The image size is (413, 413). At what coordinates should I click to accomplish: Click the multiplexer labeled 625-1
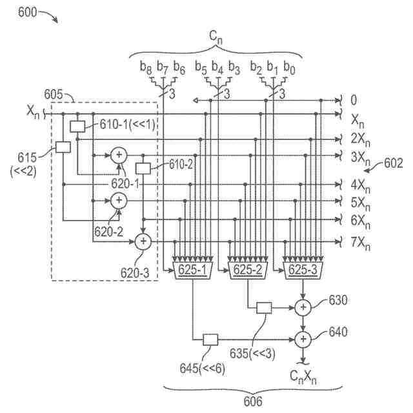(x=193, y=270)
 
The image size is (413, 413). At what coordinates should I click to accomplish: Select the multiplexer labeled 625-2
(x=248, y=270)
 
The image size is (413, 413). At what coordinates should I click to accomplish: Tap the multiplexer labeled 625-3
(x=303, y=270)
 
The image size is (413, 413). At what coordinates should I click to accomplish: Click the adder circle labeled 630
(x=303, y=308)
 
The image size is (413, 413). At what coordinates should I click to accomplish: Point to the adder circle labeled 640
(x=303, y=339)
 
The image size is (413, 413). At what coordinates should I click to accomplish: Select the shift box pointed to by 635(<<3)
(x=264, y=308)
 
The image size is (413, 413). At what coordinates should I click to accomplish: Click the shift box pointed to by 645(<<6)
(x=210, y=340)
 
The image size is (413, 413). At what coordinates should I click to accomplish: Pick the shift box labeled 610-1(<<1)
(x=77, y=126)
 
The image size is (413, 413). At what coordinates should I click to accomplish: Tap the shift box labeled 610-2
(x=143, y=168)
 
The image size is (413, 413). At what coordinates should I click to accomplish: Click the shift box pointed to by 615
(x=63, y=147)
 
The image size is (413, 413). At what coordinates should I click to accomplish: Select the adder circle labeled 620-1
(x=119, y=156)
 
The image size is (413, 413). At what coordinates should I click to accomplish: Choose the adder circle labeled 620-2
(x=119, y=201)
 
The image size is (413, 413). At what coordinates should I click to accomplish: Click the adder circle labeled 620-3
(x=143, y=241)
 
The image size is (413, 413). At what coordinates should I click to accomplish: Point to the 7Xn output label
(x=360, y=243)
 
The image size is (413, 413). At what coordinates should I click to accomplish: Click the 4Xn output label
(x=360, y=186)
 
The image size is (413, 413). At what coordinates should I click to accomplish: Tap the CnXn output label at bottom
(x=303, y=377)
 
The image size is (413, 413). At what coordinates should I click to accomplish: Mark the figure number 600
(x=27, y=12)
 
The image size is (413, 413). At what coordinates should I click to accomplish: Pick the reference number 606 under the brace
(x=253, y=401)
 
